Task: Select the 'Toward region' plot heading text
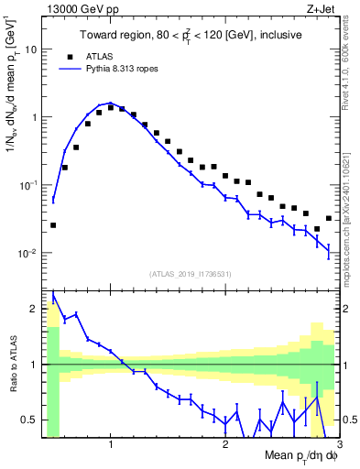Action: (191, 35)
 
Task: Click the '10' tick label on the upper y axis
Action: (31, 49)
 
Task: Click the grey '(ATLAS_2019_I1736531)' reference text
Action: (191, 274)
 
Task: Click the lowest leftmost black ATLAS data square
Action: (53, 224)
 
